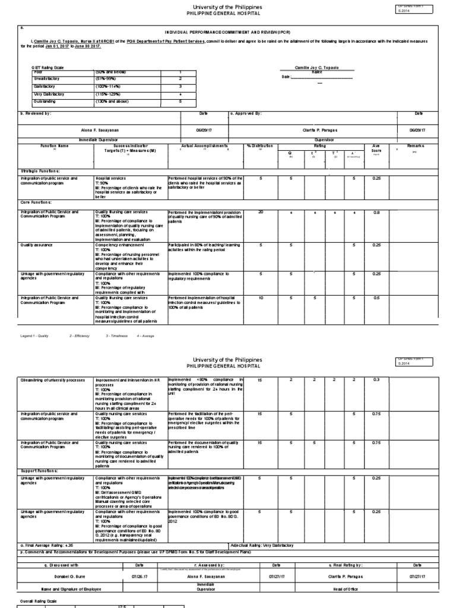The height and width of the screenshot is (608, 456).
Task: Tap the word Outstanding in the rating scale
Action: coord(47,102)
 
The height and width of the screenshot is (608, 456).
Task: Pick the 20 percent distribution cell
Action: coord(261,212)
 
